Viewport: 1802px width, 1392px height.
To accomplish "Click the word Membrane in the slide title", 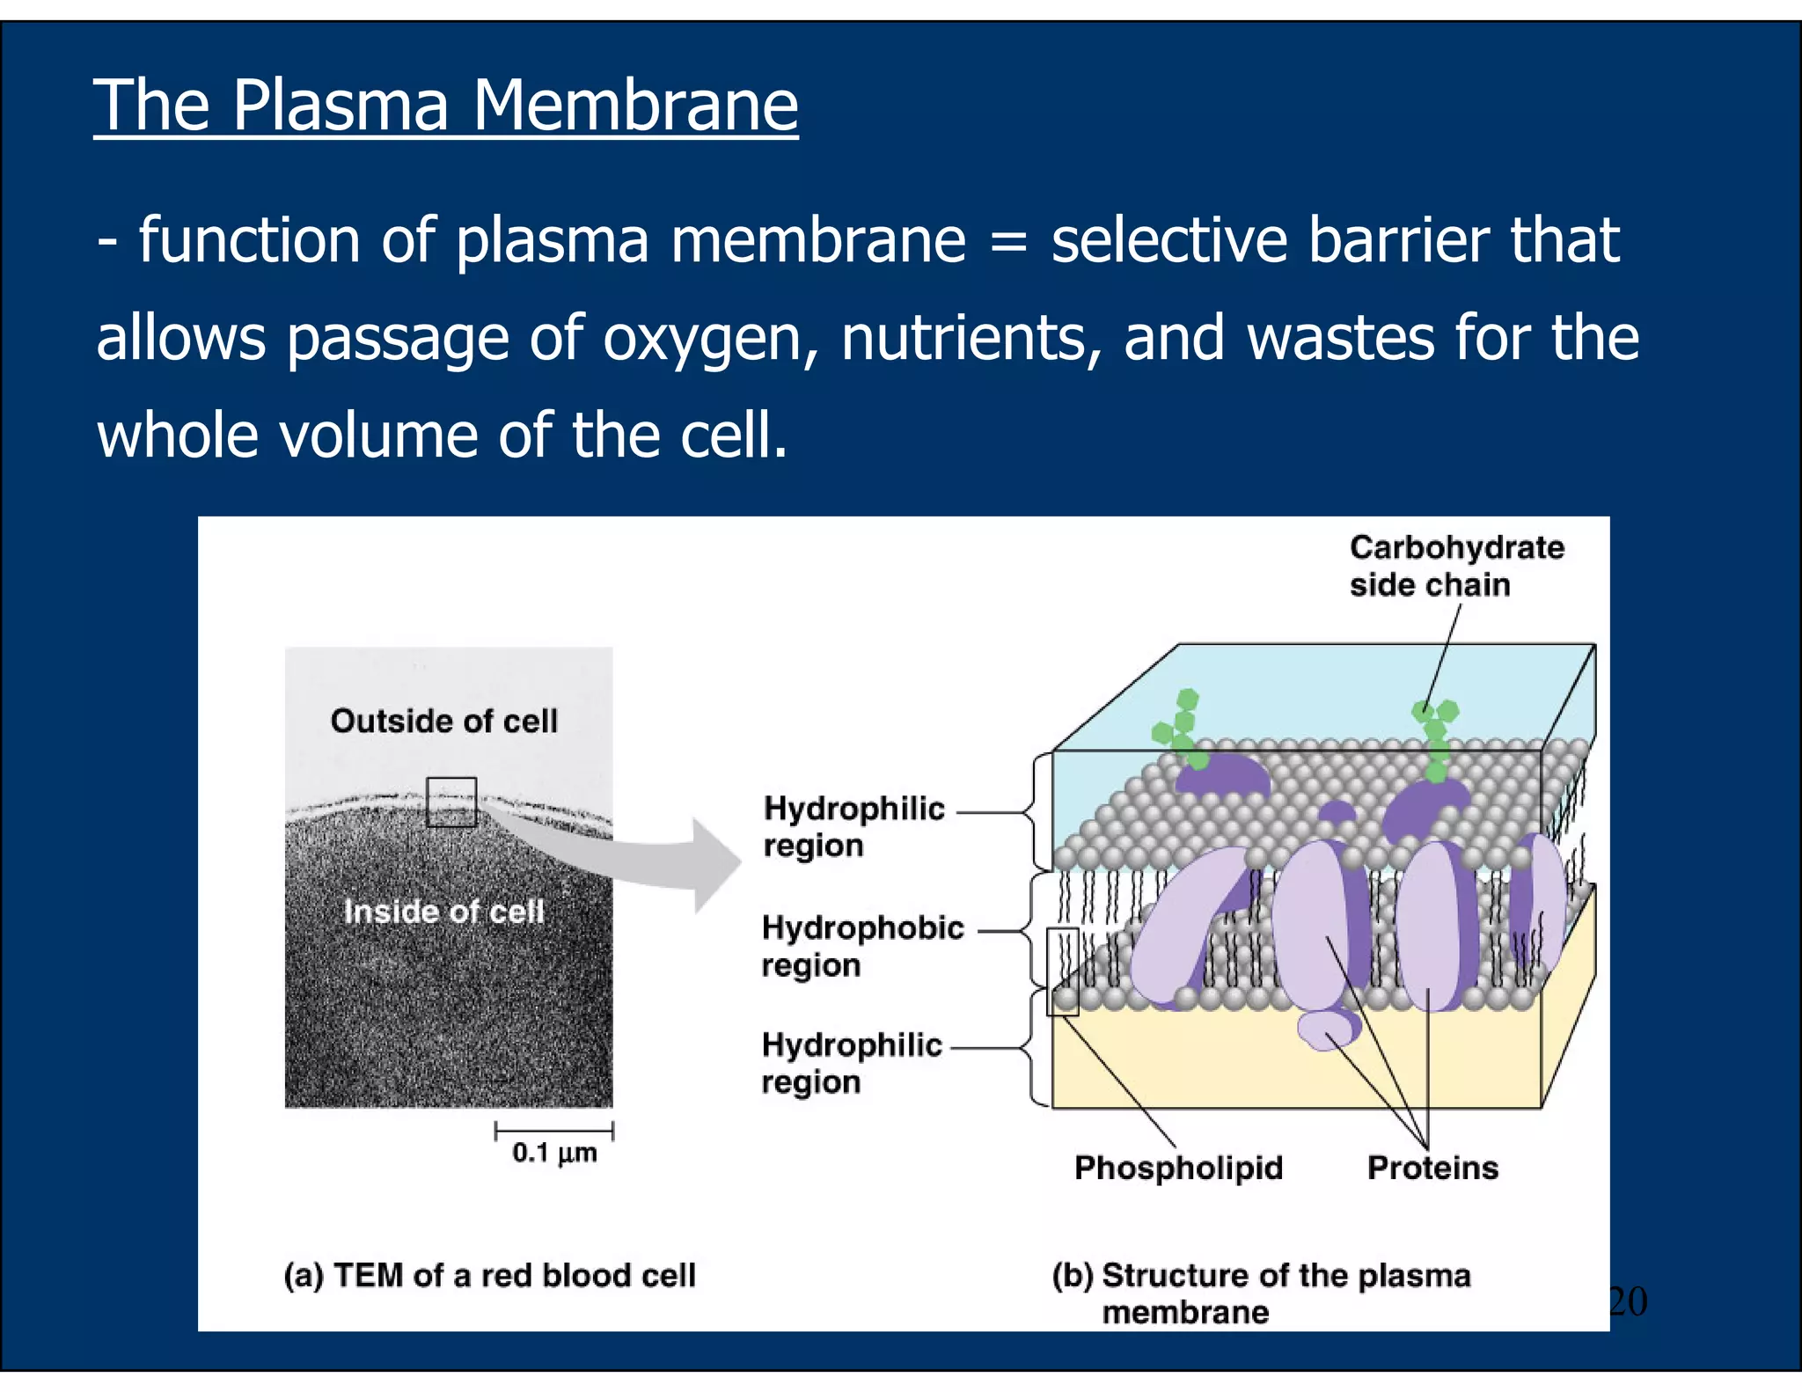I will (634, 106).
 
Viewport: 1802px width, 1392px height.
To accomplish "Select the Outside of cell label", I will (443, 722).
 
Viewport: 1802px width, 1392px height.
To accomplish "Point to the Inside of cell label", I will (443, 912).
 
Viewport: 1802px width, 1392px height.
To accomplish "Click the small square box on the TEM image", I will (451, 802).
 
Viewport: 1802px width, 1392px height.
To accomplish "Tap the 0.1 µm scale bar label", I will (554, 1153).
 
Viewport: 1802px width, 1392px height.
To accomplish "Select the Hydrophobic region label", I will (861, 946).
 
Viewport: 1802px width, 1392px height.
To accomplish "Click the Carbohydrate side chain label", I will (1456, 566).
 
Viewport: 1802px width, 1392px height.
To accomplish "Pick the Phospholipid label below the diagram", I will (1178, 1168).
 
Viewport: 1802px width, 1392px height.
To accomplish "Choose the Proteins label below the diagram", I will (1432, 1168).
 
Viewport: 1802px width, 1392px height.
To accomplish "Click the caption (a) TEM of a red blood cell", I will (489, 1275).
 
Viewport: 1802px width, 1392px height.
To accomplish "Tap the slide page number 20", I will (1627, 1301).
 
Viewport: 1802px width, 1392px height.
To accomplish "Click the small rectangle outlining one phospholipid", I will (1062, 971).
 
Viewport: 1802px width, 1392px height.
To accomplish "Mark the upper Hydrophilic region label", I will (853, 826).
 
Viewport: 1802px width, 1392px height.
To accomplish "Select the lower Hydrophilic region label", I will (851, 1063).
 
